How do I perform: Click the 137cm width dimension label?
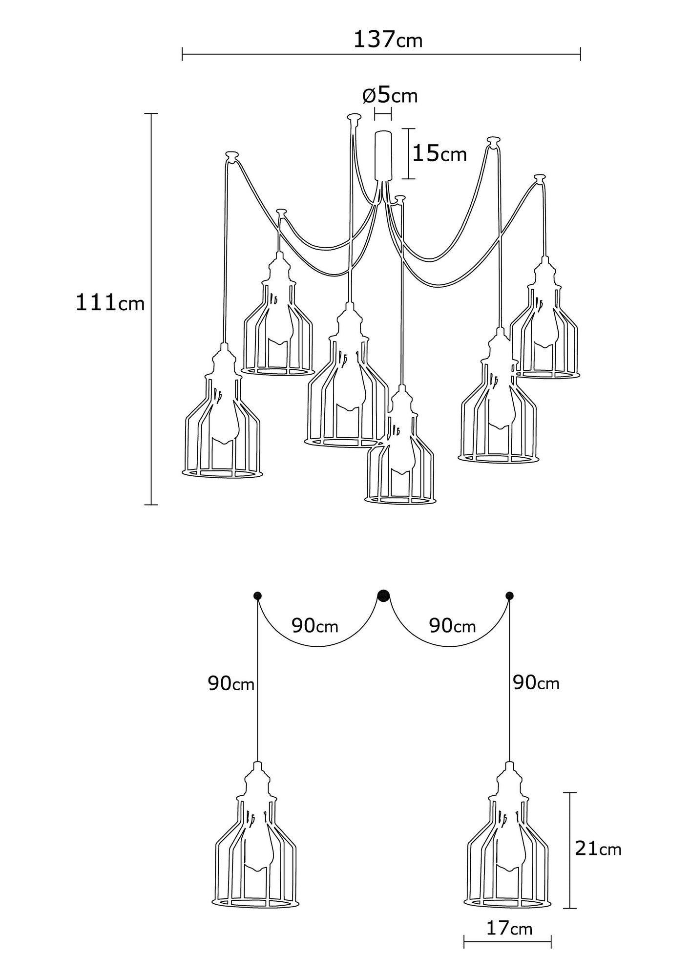pos(388,40)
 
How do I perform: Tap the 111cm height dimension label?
pos(110,303)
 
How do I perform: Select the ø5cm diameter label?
pos(390,96)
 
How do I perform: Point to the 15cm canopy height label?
pos(439,154)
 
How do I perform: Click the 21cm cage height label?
pos(598,849)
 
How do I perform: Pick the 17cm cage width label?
pos(509,928)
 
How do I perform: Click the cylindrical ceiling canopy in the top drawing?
pos(384,154)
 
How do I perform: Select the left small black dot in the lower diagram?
pos(257,595)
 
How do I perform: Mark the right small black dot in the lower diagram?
pos(510,595)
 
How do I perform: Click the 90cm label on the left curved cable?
pos(315,625)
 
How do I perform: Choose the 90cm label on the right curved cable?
pos(452,625)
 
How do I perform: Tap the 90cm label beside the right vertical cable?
pos(536,683)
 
